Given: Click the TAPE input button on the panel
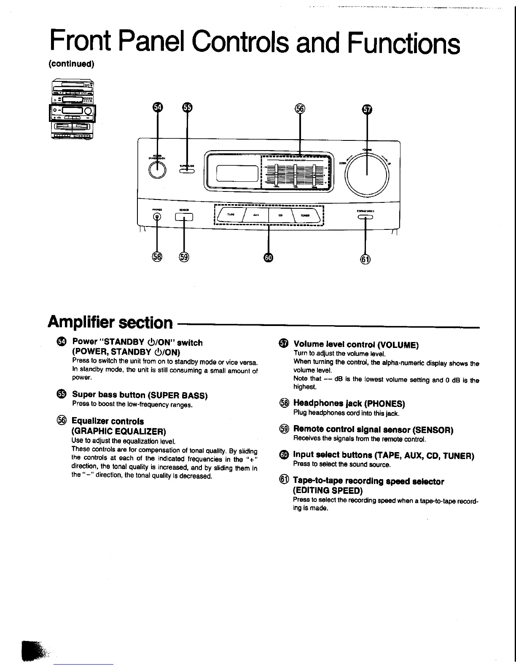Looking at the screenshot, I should pos(231,215).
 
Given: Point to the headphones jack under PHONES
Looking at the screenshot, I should pos(157,217).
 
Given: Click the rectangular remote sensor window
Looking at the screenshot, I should pos(184,217).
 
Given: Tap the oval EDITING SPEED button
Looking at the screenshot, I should pos(365,217).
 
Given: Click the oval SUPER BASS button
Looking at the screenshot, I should pos(187,171).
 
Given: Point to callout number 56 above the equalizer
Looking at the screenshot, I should pos(300,108).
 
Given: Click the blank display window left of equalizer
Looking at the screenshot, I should pos(237,172).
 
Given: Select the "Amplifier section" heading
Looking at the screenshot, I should pos(110,322).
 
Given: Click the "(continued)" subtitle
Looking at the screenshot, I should pos(71,64).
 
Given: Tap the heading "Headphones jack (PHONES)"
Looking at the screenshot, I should pos(349,404).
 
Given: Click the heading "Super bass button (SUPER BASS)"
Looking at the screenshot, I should pos(140,395).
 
